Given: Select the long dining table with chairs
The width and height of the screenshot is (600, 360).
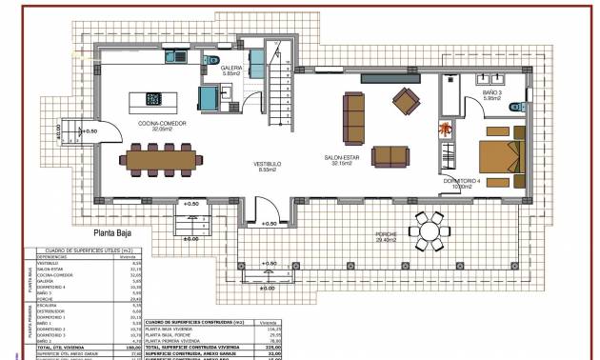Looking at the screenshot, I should tap(159, 157).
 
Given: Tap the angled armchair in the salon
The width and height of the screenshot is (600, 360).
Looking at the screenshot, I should tap(407, 99).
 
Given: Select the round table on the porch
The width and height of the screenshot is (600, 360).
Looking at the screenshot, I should tap(430, 229).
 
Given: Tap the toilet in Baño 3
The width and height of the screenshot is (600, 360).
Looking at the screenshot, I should tap(515, 107).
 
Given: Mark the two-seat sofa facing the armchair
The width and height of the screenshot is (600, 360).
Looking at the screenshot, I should tap(388, 154).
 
